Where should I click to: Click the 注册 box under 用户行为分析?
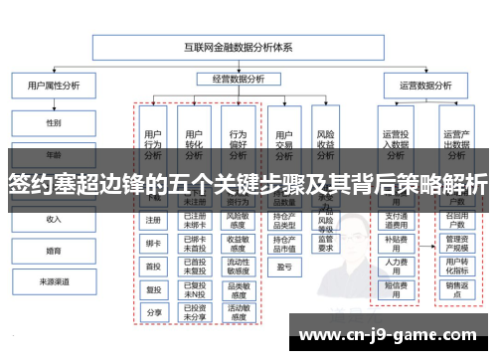click(x=153, y=220)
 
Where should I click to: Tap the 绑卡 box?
click(x=153, y=243)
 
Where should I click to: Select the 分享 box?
click(x=153, y=311)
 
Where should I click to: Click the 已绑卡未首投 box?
click(x=195, y=243)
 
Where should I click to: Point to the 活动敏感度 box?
click(x=238, y=310)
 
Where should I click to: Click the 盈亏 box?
click(x=284, y=267)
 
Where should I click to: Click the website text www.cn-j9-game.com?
click(x=393, y=336)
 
